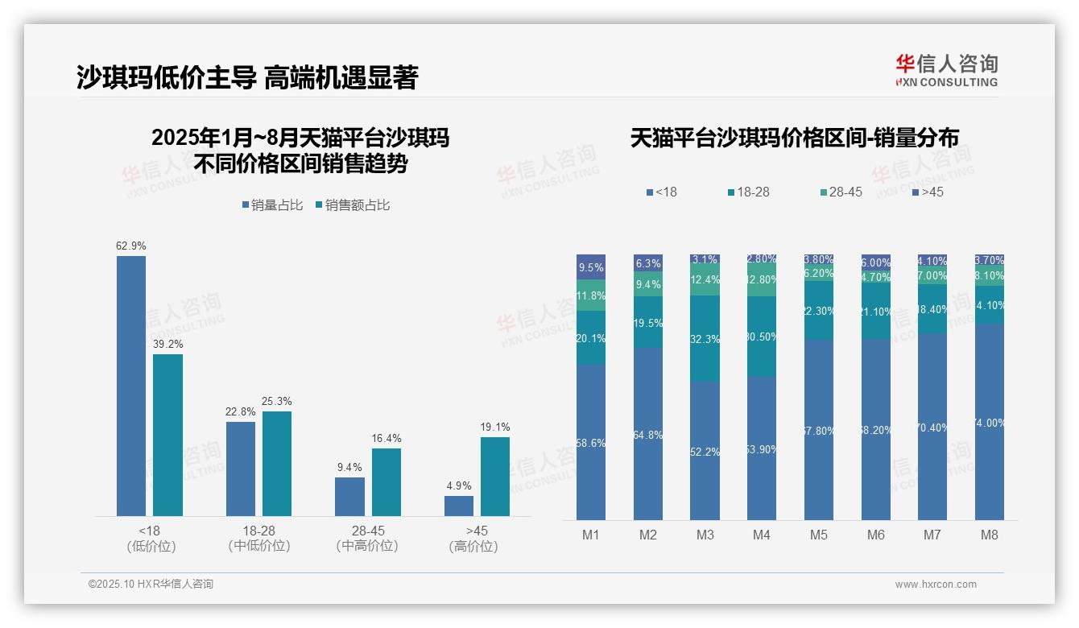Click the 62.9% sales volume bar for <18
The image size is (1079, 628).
tap(131, 386)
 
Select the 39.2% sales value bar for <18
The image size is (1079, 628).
tap(167, 435)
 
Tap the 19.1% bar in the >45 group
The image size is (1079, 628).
tap(495, 476)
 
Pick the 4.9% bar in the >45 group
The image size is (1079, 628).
tap(459, 506)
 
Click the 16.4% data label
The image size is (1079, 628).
tap(387, 439)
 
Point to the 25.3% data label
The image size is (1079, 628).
tap(277, 402)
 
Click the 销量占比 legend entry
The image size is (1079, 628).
tap(273, 205)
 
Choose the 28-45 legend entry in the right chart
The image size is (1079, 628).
tap(841, 192)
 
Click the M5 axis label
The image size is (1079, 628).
tap(819, 535)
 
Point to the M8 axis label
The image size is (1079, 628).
tap(990, 535)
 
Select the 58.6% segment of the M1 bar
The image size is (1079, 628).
tap(591, 442)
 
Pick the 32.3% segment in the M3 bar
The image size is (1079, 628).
tap(705, 339)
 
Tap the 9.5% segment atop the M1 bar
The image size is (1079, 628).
tap(591, 267)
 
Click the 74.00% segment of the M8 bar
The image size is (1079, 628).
tap(990, 422)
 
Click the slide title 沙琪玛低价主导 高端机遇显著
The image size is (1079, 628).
tap(247, 77)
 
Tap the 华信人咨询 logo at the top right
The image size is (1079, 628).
tap(946, 70)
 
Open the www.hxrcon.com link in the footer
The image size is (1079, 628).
tap(936, 585)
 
